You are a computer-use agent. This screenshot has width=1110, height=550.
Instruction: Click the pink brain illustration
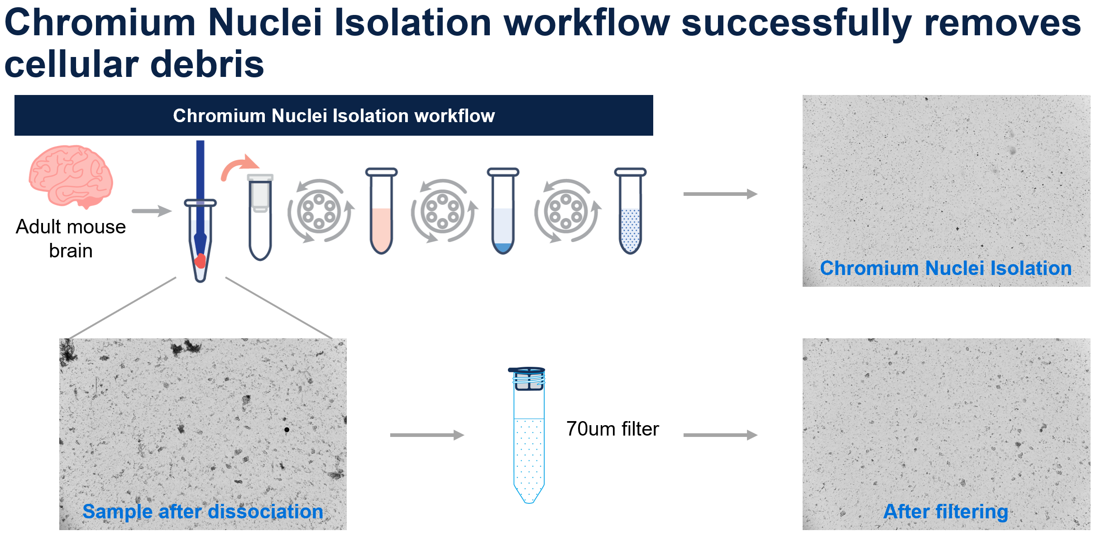tap(71, 176)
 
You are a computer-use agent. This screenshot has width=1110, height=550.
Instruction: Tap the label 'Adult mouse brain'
tap(71, 238)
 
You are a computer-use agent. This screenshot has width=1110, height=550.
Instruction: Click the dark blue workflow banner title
tap(334, 116)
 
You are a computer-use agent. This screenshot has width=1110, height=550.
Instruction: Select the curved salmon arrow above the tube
tap(239, 167)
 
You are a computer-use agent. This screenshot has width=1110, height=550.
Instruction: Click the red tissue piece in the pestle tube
tap(200, 261)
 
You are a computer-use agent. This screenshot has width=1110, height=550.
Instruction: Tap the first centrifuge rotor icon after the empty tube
tap(320, 211)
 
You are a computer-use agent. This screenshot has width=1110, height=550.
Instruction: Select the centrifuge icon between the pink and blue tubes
tap(443, 211)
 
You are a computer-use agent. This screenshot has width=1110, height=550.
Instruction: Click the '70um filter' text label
tap(612, 429)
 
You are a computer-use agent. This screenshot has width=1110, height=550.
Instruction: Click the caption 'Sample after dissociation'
tap(203, 512)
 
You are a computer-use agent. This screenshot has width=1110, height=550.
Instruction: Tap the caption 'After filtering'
tap(946, 512)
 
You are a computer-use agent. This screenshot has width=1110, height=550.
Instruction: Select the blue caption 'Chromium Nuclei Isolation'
tap(946, 268)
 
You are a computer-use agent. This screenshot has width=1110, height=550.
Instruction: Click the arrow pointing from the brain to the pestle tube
tap(152, 211)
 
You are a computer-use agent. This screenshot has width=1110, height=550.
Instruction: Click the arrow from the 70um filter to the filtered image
tap(720, 435)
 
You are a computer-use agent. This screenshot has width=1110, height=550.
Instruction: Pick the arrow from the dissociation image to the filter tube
tap(427, 435)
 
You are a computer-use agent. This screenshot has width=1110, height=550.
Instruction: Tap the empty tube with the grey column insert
tap(260, 217)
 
